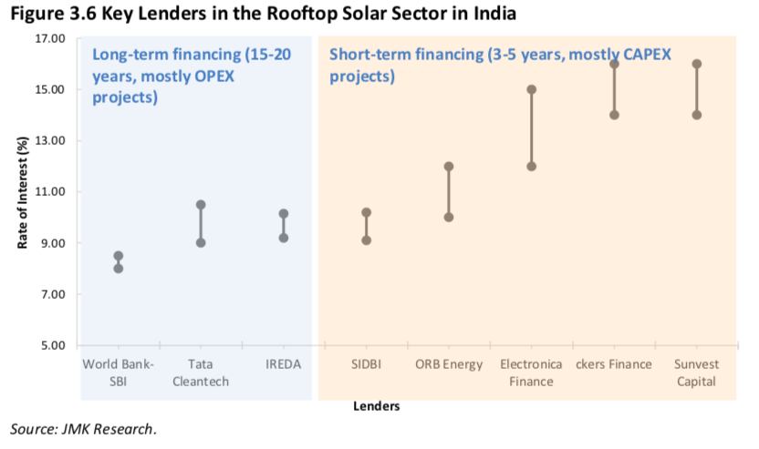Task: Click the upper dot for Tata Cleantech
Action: coord(201,205)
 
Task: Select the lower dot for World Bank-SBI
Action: coord(119,268)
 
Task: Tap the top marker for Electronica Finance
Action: coord(531,89)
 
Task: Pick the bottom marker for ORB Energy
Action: coord(449,217)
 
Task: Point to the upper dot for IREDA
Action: coord(284,214)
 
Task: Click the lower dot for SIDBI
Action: coord(366,240)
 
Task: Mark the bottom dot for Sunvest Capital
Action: coord(697,115)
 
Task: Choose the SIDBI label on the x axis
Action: coord(366,364)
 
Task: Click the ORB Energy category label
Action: coord(449,364)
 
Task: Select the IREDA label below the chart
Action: coord(284,364)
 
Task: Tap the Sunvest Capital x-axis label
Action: coord(697,372)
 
